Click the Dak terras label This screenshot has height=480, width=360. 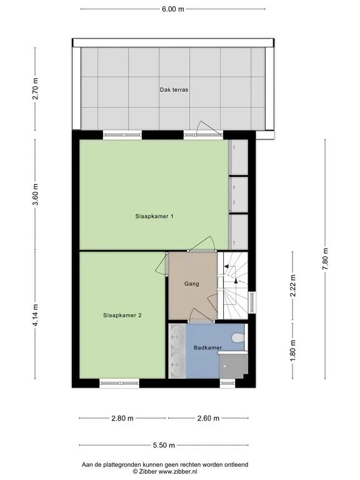pyautogui.click(x=174, y=90)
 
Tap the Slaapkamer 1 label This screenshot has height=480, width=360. pyautogui.click(x=154, y=216)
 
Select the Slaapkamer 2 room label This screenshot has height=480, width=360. pyautogui.click(x=122, y=315)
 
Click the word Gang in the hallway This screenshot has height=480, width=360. pyautogui.click(x=192, y=284)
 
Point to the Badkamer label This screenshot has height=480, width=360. pyautogui.click(x=208, y=347)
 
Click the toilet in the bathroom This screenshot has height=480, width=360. pyautogui.click(x=238, y=338)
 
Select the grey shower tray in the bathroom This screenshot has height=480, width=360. pyautogui.click(x=233, y=366)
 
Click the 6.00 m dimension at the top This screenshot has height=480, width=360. pyautogui.click(x=173, y=9)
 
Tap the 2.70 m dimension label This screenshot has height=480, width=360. pyautogui.click(x=36, y=89)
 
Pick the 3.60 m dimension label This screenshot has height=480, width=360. pyautogui.click(x=36, y=195)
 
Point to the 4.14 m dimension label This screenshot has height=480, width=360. pyautogui.click(x=36, y=315)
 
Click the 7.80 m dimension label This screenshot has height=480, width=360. pyautogui.click(x=325, y=259)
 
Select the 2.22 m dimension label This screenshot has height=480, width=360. pyautogui.click(x=293, y=286)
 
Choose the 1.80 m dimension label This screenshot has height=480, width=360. pyautogui.click(x=293, y=351)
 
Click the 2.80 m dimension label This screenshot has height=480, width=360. pyautogui.click(x=122, y=418)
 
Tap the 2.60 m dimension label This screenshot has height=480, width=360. pyautogui.click(x=208, y=418)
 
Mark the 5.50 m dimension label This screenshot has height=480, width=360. pyautogui.click(x=164, y=445)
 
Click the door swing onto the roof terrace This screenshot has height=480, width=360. pyautogui.click(x=207, y=127)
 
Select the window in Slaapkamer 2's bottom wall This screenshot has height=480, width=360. pyautogui.click(x=119, y=383)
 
